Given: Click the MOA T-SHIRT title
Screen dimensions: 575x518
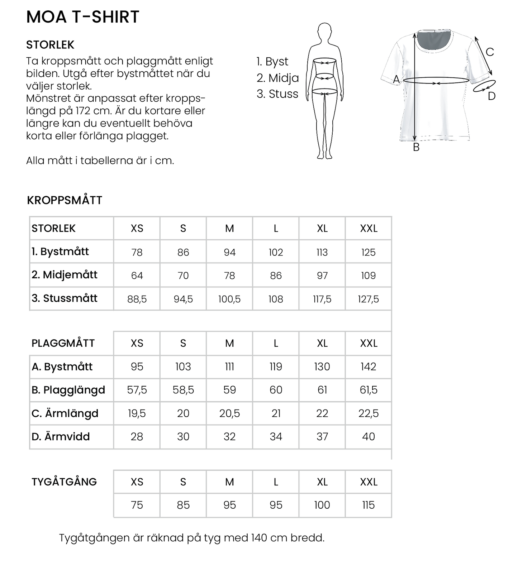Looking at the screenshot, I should pos(82,17).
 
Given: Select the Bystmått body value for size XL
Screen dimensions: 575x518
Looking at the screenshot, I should pos(322,252).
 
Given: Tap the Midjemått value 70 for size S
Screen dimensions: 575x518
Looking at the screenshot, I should pos(183,275).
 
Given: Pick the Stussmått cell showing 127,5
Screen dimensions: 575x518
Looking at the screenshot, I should pos(368,299).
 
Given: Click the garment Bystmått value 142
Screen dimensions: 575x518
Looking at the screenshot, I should pos(368,366).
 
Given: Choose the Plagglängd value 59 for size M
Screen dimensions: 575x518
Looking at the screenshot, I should pos(229,390).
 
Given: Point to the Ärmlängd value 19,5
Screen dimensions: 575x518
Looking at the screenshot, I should pos(137,413).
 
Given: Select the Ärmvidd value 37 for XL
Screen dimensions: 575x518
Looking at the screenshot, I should pos(322,436).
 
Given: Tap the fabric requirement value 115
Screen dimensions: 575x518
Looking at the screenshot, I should pos(368,505).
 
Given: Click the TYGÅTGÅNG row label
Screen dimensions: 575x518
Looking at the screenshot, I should pos(64,482).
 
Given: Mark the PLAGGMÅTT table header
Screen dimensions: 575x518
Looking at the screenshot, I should pos(63,343).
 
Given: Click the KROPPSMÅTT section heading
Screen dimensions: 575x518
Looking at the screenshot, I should pos(65,200).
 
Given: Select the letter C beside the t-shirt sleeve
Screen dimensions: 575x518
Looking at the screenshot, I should pos(490,52).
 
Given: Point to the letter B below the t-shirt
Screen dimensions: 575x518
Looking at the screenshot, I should pos(416,147).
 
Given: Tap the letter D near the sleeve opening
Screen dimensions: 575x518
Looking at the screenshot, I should pos(491,96).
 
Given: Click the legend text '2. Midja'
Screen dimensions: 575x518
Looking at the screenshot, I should pos(277,78).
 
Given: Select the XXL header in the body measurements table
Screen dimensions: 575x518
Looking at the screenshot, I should pos(368,228).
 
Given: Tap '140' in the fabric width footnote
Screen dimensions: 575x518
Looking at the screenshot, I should pos(259,538).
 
